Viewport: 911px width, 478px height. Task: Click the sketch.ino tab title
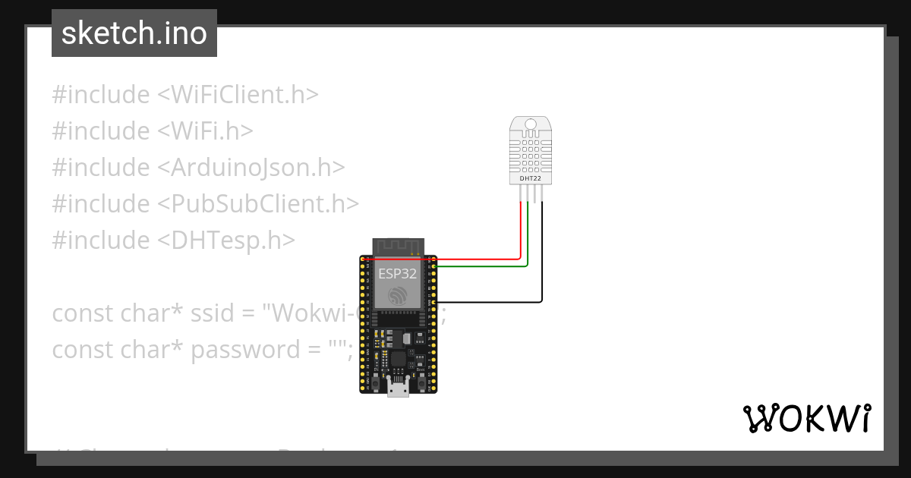click(x=134, y=33)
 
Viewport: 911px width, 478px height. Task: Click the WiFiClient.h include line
click(x=184, y=95)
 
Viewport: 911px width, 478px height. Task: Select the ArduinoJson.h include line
click(x=198, y=168)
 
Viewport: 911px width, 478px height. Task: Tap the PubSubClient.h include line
click(x=205, y=204)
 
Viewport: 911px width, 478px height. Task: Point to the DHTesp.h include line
click(x=173, y=241)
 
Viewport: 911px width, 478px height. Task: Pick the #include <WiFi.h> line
click(x=152, y=131)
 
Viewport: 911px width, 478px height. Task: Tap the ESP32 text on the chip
click(x=398, y=274)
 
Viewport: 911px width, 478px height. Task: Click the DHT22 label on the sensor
click(x=531, y=179)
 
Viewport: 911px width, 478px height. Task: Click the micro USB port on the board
click(x=398, y=389)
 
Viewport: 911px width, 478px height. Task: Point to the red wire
click(x=521, y=235)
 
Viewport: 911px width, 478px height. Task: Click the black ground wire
click(x=542, y=258)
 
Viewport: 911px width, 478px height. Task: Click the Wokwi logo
click(x=806, y=418)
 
